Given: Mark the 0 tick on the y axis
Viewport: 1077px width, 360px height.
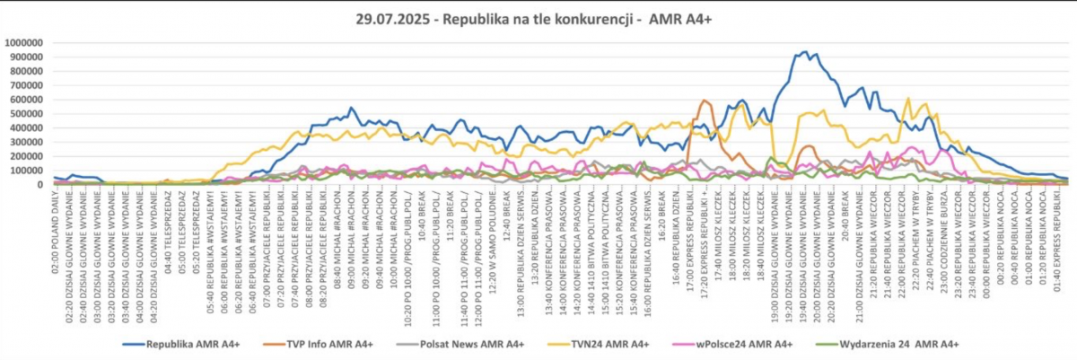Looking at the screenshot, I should (43, 184).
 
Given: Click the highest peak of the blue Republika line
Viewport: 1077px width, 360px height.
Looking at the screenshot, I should (804, 52).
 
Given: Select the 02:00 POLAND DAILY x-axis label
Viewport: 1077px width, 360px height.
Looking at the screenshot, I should (55, 229).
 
